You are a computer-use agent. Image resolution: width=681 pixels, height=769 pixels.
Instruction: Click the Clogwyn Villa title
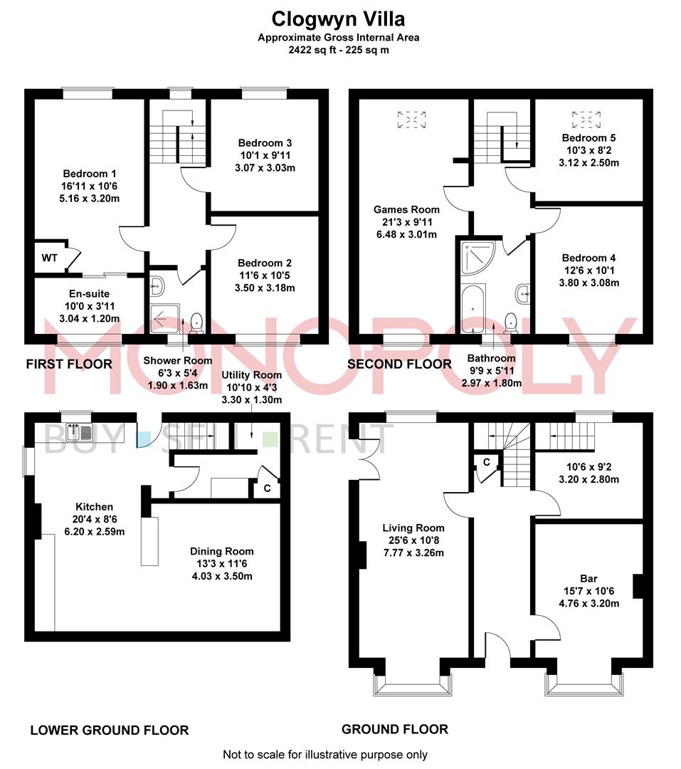[338, 19]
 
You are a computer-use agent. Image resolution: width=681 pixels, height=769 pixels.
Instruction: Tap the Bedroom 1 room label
[89, 174]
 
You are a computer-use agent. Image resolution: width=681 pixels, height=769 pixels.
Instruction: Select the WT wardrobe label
[50, 258]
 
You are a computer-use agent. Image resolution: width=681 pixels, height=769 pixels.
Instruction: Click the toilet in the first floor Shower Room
[196, 321]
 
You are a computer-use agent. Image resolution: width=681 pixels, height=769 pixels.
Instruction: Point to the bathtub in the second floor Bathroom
[473, 308]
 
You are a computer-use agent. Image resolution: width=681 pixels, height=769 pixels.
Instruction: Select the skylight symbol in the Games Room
[411, 120]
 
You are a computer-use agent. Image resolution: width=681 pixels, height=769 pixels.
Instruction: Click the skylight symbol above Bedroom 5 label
[586, 119]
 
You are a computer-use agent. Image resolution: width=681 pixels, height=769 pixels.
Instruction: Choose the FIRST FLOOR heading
[69, 364]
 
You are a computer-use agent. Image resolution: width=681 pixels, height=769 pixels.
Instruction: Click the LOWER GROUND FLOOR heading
[110, 731]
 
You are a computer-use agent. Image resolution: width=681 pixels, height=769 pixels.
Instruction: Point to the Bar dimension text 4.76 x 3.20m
[588, 603]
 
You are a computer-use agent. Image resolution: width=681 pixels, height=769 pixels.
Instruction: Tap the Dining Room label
[221, 551]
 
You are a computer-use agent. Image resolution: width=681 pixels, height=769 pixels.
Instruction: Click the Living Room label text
[413, 528]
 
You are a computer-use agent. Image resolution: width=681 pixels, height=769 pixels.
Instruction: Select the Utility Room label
[251, 375]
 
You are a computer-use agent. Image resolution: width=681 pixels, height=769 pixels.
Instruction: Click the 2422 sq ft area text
[312, 50]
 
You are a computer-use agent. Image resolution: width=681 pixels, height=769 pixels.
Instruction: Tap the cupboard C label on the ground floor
[486, 462]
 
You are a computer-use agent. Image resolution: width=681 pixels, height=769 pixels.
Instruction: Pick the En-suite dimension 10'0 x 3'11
[89, 306]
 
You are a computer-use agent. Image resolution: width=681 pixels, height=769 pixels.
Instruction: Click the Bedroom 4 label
[588, 258]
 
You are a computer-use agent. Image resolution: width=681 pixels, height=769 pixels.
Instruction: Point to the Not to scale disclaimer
[325, 755]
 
